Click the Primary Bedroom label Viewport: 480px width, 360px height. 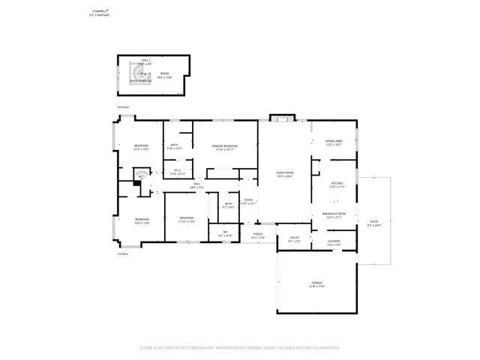(224, 147)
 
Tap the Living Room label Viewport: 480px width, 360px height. (284, 173)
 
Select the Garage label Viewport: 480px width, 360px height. (316, 283)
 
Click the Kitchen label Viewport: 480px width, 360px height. (337, 184)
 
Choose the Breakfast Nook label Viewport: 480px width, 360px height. (334, 215)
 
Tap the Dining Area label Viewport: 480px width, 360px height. (334, 142)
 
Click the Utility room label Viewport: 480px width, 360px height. (294, 239)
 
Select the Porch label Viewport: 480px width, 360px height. (258, 235)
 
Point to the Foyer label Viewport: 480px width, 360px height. (248, 202)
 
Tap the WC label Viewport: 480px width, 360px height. (225, 234)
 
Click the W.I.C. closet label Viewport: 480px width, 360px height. (178, 172)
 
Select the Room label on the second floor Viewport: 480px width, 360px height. (164, 75)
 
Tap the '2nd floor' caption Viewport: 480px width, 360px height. (122, 108)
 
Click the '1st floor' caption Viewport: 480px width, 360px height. (122, 253)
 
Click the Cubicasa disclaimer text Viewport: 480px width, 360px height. (240, 347)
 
